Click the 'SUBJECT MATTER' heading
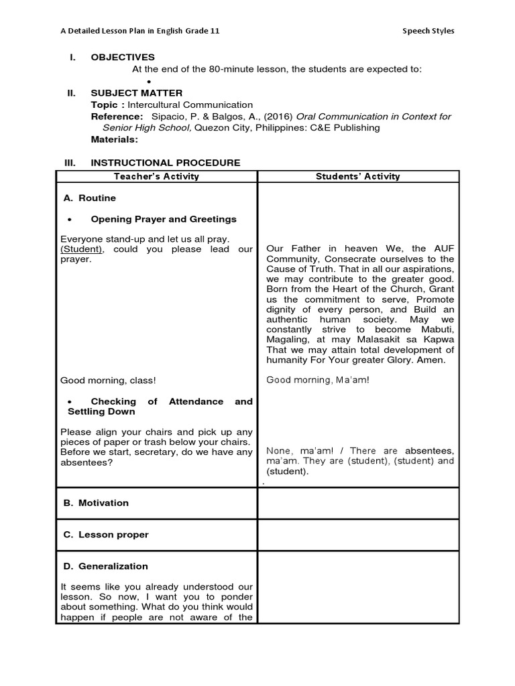tap(136, 93)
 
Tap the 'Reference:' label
tap(117, 117)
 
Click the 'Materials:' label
tap(115, 139)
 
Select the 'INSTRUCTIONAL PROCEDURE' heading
tap(166, 163)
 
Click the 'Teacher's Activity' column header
tap(156, 177)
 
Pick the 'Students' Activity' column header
tap(359, 177)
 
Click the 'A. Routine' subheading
tap(89, 198)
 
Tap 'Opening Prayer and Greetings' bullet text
tap(164, 220)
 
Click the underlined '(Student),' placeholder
tap(81, 249)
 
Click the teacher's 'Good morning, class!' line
tap(108, 381)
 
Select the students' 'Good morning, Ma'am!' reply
tap(318, 380)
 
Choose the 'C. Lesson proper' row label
tap(105, 535)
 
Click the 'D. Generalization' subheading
tap(105, 566)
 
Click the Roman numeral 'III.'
tap(70, 163)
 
